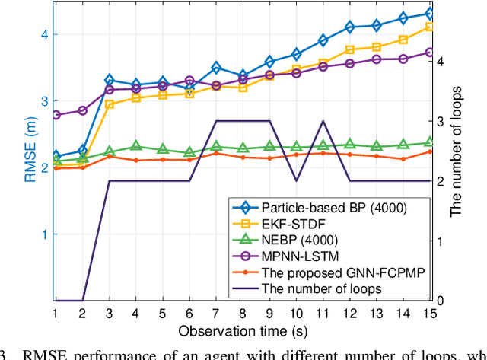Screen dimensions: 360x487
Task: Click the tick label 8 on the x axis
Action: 243,314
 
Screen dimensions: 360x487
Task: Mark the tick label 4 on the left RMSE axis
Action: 45,34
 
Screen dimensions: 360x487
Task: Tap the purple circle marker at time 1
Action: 56,115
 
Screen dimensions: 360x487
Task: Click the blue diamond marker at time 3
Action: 109,80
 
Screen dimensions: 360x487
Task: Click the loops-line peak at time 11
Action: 322,121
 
